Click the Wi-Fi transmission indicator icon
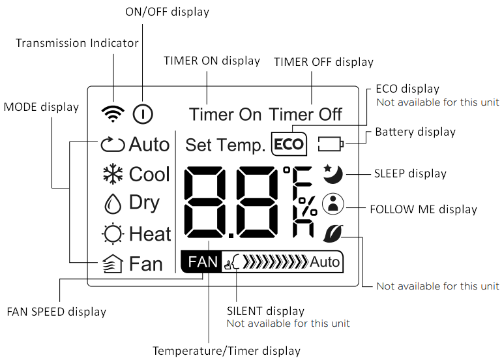(113, 113)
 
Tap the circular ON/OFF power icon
(143, 113)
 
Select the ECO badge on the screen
(289, 144)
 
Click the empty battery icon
(331, 144)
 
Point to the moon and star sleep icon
(333, 174)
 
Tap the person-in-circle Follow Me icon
(333, 204)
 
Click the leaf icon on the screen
(333, 233)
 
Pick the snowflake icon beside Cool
(113, 175)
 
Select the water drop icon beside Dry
(113, 203)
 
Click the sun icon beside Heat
(113, 234)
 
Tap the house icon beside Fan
(113, 263)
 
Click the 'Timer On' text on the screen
(225, 114)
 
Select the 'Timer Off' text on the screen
(305, 114)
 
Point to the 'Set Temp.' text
(226, 145)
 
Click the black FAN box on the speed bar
(202, 262)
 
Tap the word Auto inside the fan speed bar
(325, 262)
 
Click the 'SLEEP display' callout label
(410, 174)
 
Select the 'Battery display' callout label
(415, 132)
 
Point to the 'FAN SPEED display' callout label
(56, 312)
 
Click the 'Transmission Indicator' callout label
(77, 43)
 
